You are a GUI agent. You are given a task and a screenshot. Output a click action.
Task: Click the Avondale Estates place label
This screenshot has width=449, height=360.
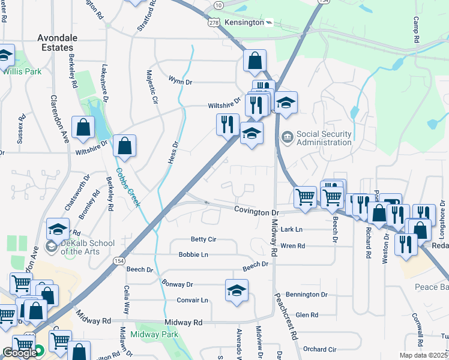[x=55, y=42]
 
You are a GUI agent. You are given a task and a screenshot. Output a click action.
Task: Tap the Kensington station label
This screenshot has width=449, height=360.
[x=244, y=22]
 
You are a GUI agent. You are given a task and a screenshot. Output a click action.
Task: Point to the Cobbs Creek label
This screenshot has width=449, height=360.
[x=128, y=188]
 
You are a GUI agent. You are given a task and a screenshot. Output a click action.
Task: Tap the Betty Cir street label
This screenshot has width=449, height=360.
[x=203, y=239]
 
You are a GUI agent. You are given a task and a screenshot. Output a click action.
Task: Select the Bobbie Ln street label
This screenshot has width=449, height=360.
[x=193, y=254]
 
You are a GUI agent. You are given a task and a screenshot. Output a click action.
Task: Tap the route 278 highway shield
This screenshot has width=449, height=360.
[x=213, y=22]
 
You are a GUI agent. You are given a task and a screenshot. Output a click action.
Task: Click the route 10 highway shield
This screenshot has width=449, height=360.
[x=219, y=5]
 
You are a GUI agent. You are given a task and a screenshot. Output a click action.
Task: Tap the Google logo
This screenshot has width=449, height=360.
[x=19, y=353]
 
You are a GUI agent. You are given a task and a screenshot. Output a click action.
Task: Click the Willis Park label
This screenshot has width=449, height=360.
[x=21, y=71]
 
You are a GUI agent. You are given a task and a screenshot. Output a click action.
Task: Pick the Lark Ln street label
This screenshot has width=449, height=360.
[x=292, y=230]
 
